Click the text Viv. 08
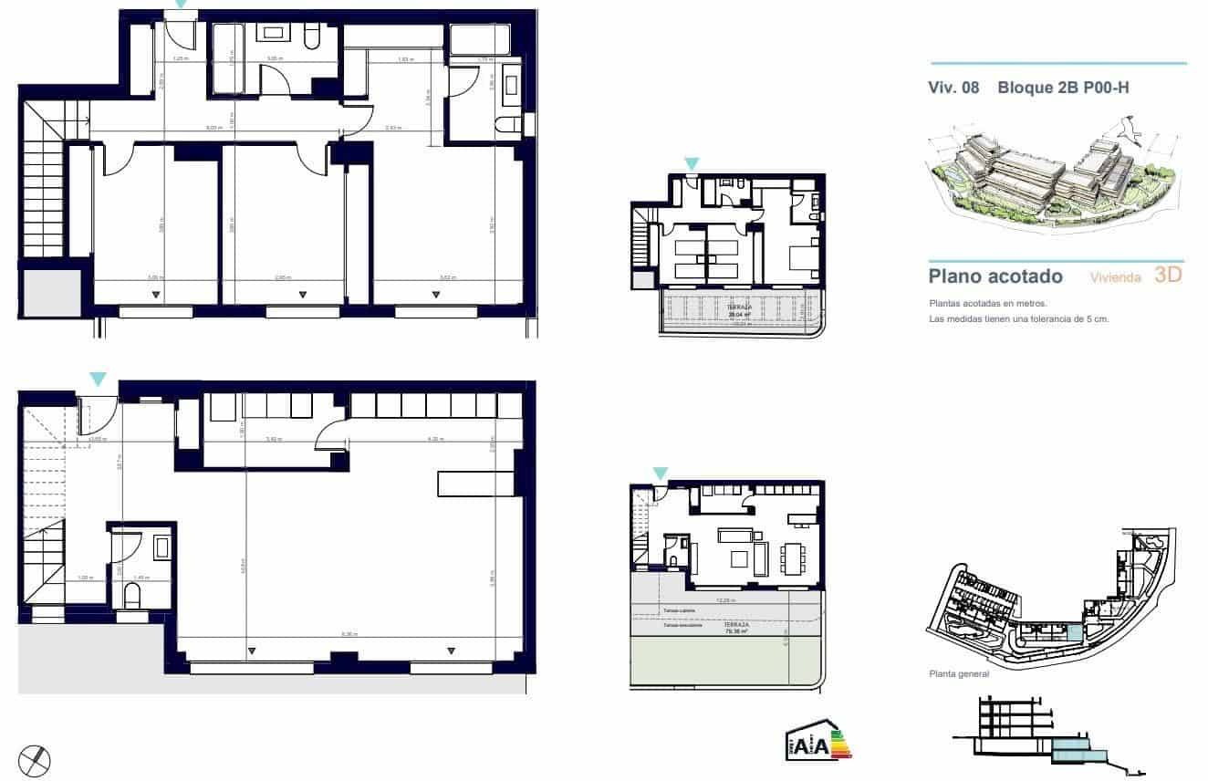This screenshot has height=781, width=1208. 953,89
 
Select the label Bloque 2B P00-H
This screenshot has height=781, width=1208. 1064,89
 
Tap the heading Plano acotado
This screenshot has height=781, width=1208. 995,276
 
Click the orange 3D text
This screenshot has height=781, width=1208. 1168,275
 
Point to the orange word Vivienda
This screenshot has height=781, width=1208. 1115,277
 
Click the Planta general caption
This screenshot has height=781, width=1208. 958,674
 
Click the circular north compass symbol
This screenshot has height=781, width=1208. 35,760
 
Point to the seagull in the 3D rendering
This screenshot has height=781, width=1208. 1130,130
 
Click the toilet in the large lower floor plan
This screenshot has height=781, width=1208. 132,597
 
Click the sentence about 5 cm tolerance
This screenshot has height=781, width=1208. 1018,319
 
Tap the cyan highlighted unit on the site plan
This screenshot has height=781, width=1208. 1074,633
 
